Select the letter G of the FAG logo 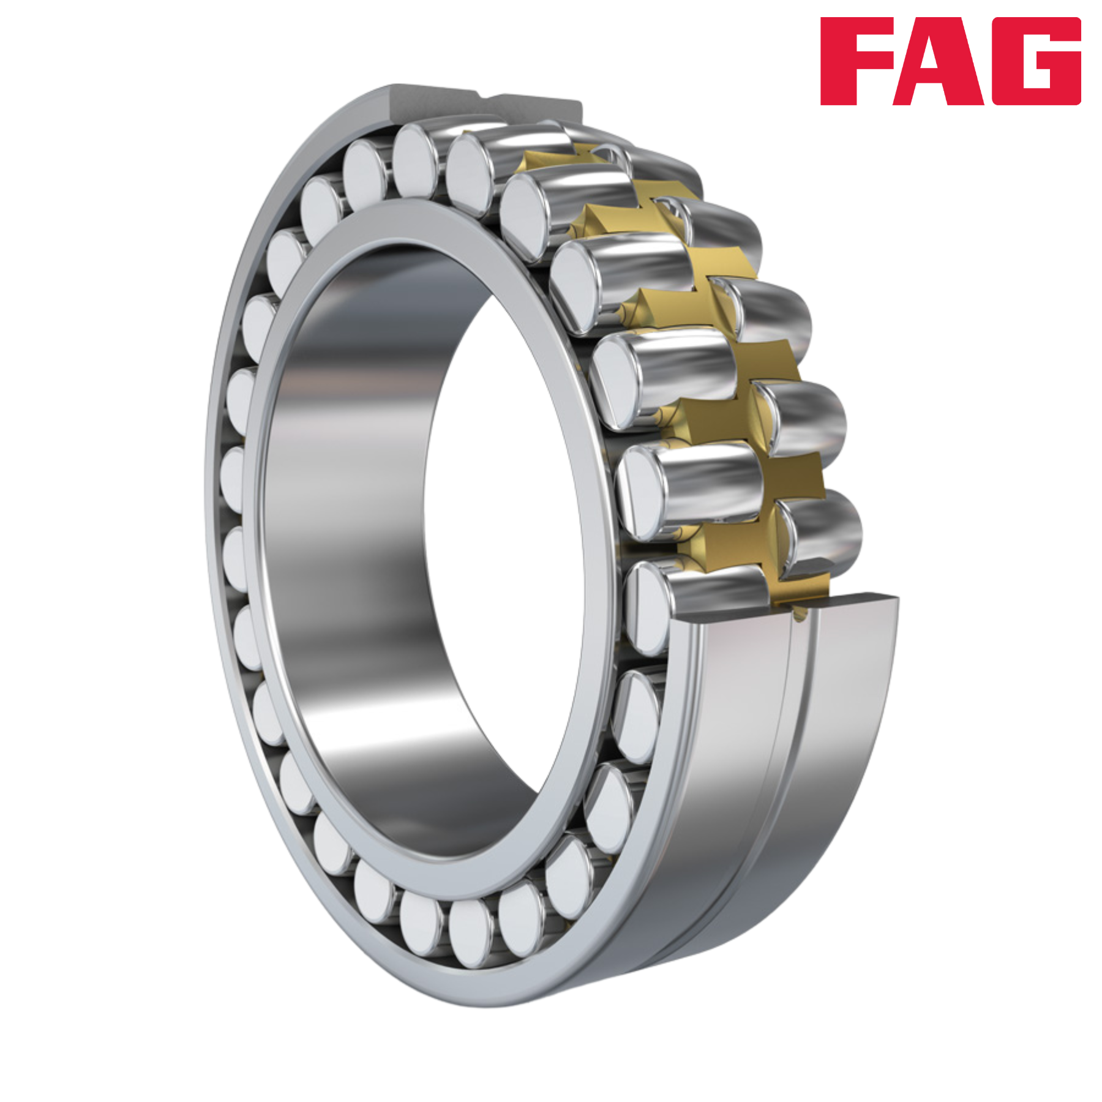1034,61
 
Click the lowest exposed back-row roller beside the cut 820,536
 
